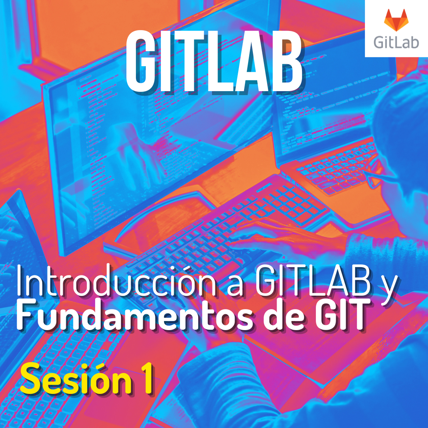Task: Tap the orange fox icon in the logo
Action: (396, 21)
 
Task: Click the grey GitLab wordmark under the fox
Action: (396, 42)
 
